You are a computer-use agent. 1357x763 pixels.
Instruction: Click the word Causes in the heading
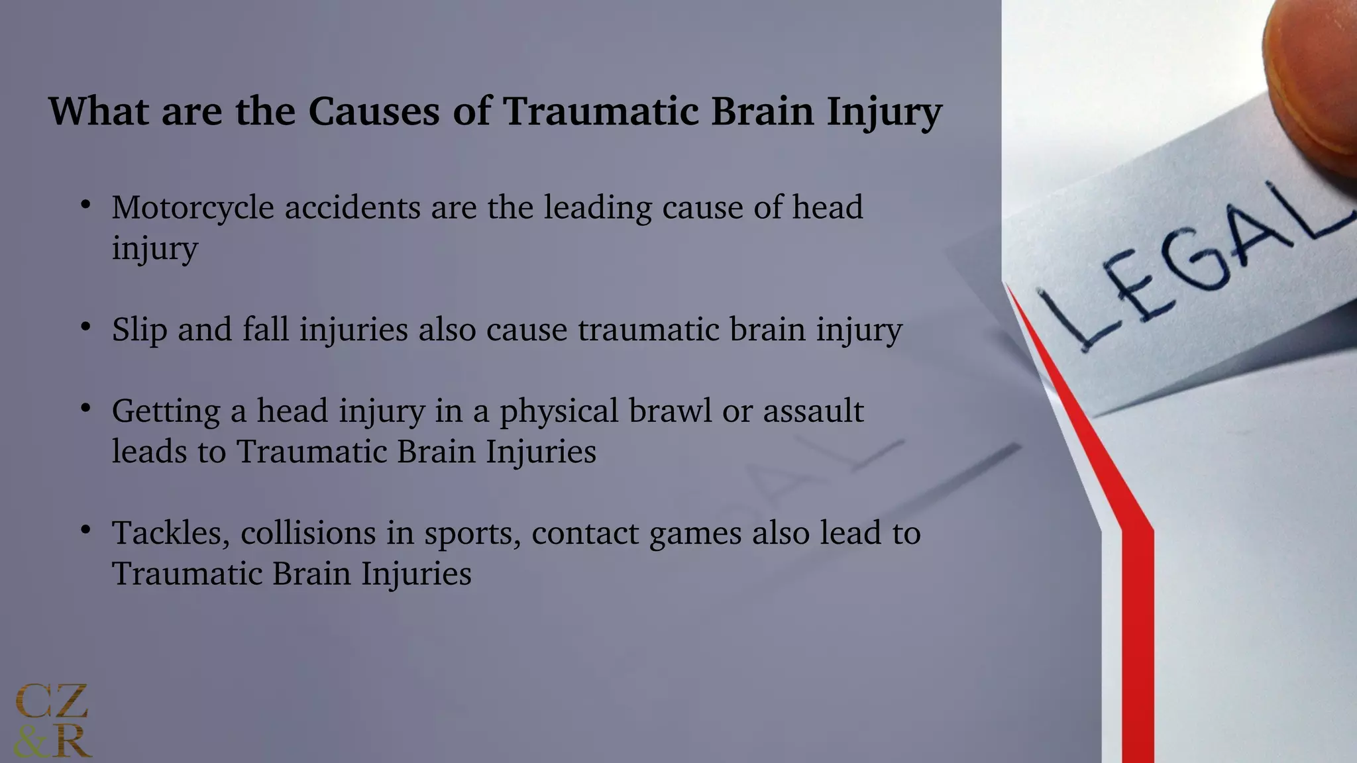pyautogui.click(x=374, y=111)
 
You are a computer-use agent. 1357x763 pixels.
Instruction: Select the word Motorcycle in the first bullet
pyautogui.click(x=193, y=208)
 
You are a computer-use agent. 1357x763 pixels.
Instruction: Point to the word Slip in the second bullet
pyautogui.click(x=139, y=330)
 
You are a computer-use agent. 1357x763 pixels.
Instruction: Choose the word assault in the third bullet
pyautogui.click(x=813, y=411)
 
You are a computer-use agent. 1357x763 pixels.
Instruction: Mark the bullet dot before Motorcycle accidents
pyautogui.click(x=85, y=205)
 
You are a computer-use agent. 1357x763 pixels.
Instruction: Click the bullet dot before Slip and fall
pyautogui.click(x=85, y=327)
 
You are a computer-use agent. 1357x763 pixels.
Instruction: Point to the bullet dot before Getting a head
pyautogui.click(x=85, y=408)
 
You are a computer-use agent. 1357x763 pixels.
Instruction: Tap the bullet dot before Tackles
pyautogui.click(x=85, y=530)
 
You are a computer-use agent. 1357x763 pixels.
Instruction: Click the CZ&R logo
pyautogui.click(x=52, y=721)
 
